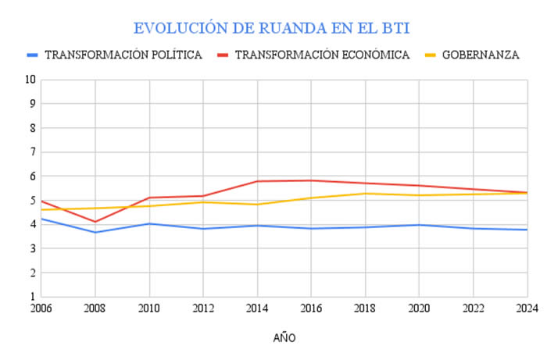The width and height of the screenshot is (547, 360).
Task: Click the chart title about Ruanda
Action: tap(272, 28)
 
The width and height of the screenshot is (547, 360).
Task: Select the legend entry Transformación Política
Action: tap(123, 55)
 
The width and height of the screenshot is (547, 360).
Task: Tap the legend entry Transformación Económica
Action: tap(322, 55)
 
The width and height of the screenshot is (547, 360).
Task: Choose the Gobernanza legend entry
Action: tap(480, 55)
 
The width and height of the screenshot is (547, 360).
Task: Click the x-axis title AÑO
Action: tap(284, 338)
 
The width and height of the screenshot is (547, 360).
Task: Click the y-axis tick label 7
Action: tap(32, 152)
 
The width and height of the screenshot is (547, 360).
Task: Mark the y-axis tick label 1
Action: tap(32, 298)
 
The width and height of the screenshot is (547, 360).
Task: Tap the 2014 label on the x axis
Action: tap(257, 309)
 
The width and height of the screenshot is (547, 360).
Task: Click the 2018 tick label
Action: tap(365, 309)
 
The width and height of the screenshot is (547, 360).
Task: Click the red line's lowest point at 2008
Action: tap(95, 222)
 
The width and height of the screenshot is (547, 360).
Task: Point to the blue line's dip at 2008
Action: tap(95, 232)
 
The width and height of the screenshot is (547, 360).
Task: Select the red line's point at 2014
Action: tap(257, 181)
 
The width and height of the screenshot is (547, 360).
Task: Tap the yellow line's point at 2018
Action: tap(365, 194)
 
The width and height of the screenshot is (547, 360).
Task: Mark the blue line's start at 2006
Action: tap(41, 219)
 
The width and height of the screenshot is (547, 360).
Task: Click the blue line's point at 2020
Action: tap(419, 225)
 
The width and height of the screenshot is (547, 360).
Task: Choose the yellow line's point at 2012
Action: tap(203, 202)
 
